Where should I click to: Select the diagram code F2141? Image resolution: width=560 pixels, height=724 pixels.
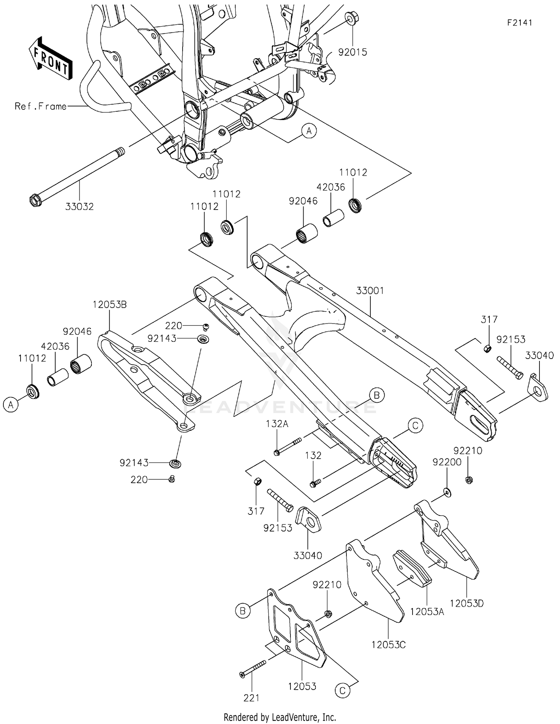point(519,23)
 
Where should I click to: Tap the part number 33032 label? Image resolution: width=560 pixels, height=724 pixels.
point(80,206)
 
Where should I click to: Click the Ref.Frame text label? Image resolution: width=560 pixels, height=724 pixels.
point(41,106)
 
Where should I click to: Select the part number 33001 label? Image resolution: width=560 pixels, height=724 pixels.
point(370,290)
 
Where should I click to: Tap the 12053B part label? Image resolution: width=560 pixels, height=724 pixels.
point(109,304)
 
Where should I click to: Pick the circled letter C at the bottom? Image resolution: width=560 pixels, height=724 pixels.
point(342,691)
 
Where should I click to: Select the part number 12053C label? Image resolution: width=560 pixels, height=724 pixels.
point(388,644)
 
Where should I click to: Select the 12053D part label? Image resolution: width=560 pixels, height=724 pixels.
point(467,603)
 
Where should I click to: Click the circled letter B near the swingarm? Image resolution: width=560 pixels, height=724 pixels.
point(376,395)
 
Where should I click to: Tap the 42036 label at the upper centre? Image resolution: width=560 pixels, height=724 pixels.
point(331,187)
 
